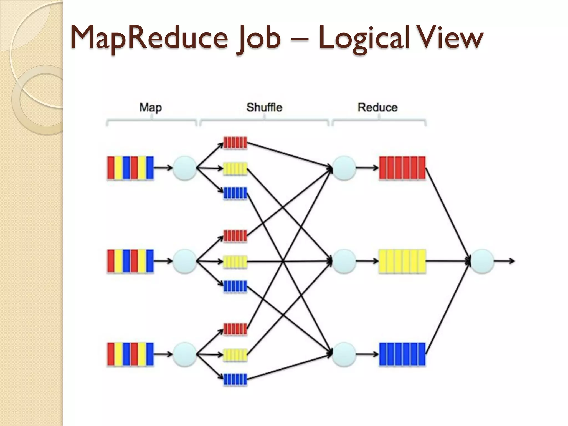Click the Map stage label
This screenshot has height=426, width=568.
[150, 107]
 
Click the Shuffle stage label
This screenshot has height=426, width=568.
[264, 107]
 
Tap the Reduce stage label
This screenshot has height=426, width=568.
[377, 107]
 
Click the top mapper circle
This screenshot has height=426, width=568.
[185, 168]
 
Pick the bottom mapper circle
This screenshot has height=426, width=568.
[185, 354]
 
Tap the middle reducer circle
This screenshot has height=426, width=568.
[344, 261]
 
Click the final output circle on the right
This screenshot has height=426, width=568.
[482, 261]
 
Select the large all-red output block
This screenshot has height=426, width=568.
[402, 168]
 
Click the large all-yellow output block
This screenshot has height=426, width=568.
[402, 261]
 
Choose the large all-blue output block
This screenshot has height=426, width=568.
[402, 354]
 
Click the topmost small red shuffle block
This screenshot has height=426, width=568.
[235, 143]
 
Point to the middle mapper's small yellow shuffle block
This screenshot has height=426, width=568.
[235, 262]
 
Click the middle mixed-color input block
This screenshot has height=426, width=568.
[130, 261]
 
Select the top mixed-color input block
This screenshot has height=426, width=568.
[130, 168]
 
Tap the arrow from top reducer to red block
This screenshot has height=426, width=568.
[367, 168]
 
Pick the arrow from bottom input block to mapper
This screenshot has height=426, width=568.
[163, 354]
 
